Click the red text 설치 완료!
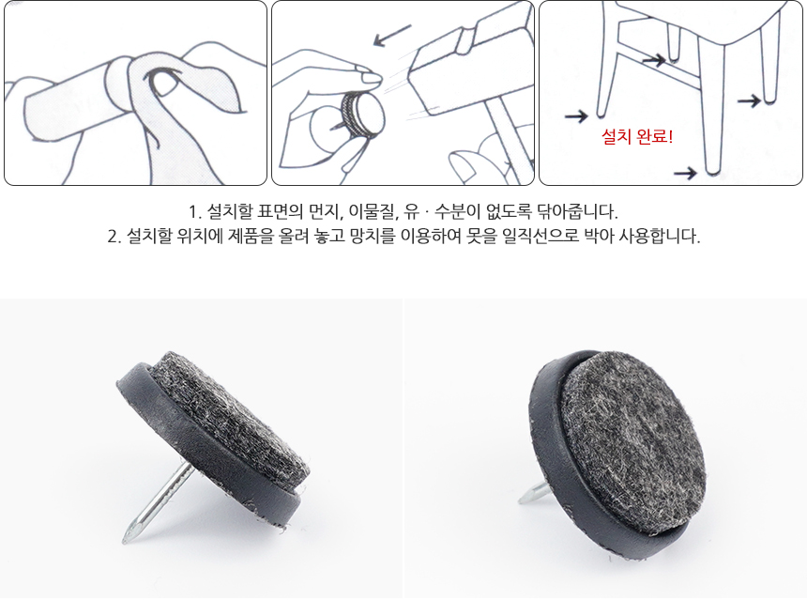637,137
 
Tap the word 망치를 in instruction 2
373,237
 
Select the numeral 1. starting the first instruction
195,212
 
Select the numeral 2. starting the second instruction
114,237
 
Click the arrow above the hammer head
392,35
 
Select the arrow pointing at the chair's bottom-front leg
686,174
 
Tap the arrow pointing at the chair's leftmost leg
576,115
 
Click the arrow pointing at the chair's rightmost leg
750,100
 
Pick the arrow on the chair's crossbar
654,60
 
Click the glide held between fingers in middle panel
363,115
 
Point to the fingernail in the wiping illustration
163,84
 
